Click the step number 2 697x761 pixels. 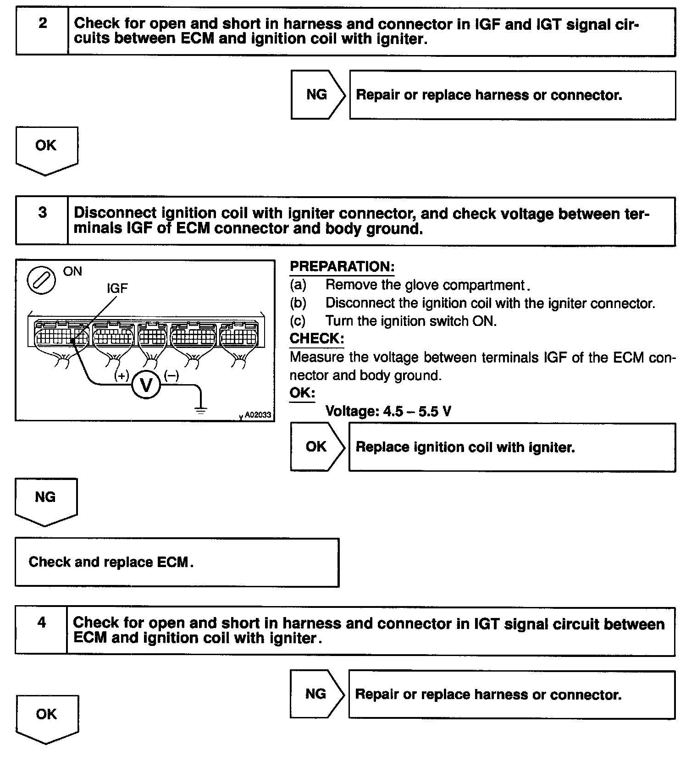tap(43, 23)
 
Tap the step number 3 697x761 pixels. tap(42, 213)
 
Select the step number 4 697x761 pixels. tap(42, 623)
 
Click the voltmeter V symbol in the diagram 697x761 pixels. tap(146, 386)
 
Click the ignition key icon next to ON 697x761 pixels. tap(41, 281)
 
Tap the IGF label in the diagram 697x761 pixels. tap(117, 288)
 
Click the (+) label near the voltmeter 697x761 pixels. tap(122, 376)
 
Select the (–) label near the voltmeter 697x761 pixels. tap(171, 376)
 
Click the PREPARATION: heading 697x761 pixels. tap(342, 267)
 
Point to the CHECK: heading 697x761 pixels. tap(317, 338)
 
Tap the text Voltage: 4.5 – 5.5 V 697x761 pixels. tap(388, 411)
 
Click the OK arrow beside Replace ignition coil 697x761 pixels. tap(317, 447)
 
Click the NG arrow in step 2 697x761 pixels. tap(317, 95)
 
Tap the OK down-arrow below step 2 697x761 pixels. tap(46, 149)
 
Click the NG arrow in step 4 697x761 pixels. tap(316, 694)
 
